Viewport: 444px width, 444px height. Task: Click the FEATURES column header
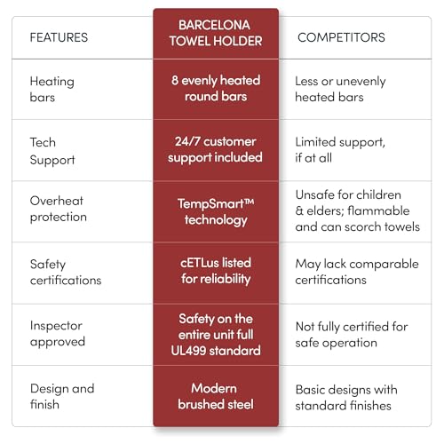click(59, 37)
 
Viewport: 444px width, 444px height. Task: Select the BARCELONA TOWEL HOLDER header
click(216, 33)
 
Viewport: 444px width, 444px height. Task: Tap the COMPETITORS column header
click(341, 37)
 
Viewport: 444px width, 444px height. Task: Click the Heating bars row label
click(52, 89)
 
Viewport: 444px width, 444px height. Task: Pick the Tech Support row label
click(52, 151)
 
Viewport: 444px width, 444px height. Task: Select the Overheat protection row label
click(59, 209)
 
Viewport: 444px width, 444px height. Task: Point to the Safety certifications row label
click(66, 272)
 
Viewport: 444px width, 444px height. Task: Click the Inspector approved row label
click(58, 334)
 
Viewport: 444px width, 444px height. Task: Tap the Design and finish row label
click(62, 396)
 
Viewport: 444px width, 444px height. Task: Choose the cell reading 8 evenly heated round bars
click(216, 88)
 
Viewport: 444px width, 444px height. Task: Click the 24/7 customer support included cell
click(215, 150)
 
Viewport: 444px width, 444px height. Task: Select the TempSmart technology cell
click(216, 212)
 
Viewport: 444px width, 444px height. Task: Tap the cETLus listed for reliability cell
click(216, 271)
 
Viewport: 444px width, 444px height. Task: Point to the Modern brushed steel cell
click(216, 396)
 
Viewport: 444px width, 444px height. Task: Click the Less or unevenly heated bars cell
click(340, 89)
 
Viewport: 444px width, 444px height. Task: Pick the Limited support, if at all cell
click(340, 150)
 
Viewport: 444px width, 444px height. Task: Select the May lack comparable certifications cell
click(357, 272)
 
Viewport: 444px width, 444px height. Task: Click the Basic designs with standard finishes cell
click(346, 398)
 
